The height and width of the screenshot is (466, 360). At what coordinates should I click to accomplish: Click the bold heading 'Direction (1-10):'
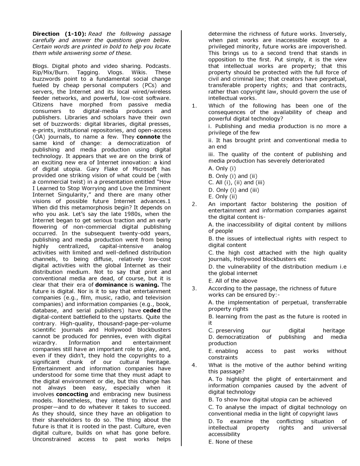[59, 34]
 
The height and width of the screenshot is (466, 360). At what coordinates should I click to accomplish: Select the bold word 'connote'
[148, 137]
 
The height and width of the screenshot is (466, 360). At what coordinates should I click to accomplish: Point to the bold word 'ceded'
[151, 310]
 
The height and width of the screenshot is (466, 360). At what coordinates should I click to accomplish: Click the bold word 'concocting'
[72, 394]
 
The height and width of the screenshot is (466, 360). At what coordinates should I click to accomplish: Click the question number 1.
[194, 106]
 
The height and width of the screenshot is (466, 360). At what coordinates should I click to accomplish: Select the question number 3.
[194, 288]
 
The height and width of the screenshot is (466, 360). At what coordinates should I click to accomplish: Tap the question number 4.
[194, 365]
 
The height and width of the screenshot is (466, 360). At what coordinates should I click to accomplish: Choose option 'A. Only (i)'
[222, 168]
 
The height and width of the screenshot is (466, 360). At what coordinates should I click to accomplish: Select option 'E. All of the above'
[233, 281]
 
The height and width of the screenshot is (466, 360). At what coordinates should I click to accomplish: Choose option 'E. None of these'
[230, 442]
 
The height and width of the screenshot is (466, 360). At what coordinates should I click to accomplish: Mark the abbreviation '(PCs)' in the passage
[150, 85]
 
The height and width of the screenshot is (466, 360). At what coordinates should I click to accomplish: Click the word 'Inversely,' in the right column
[333, 34]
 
